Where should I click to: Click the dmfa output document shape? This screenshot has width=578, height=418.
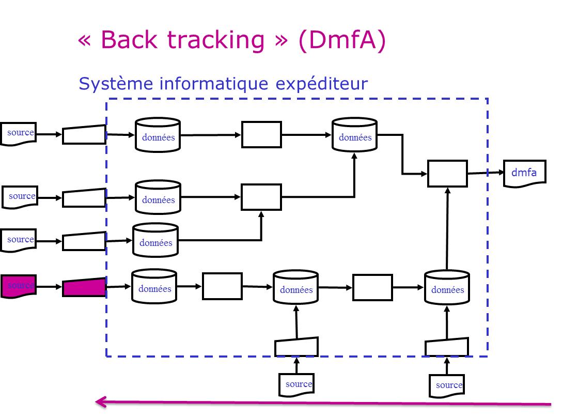[x=524, y=174]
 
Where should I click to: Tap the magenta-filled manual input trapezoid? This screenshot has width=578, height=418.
[x=84, y=287]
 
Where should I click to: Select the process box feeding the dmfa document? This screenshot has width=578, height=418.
[x=447, y=174]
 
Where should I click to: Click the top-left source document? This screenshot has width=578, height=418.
[x=18, y=134]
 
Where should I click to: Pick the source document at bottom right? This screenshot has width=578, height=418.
[x=447, y=385]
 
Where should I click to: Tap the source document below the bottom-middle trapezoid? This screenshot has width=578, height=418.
[x=296, y=385]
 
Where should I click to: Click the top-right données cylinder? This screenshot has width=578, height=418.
[x=354, y=135]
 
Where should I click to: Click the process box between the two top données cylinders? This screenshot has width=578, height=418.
[x=261, y=135]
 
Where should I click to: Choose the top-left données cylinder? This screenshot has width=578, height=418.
[x=158, y=135]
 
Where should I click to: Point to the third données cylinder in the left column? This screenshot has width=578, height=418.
[x=155, y=240]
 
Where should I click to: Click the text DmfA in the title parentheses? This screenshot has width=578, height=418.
[x=342, y=40]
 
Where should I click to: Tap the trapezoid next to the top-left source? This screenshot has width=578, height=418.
[x=84, y=134]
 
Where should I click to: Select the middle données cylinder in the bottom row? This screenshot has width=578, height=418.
[x=296, y=288]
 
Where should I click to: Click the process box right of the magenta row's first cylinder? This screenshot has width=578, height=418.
[x=222, y=286]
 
